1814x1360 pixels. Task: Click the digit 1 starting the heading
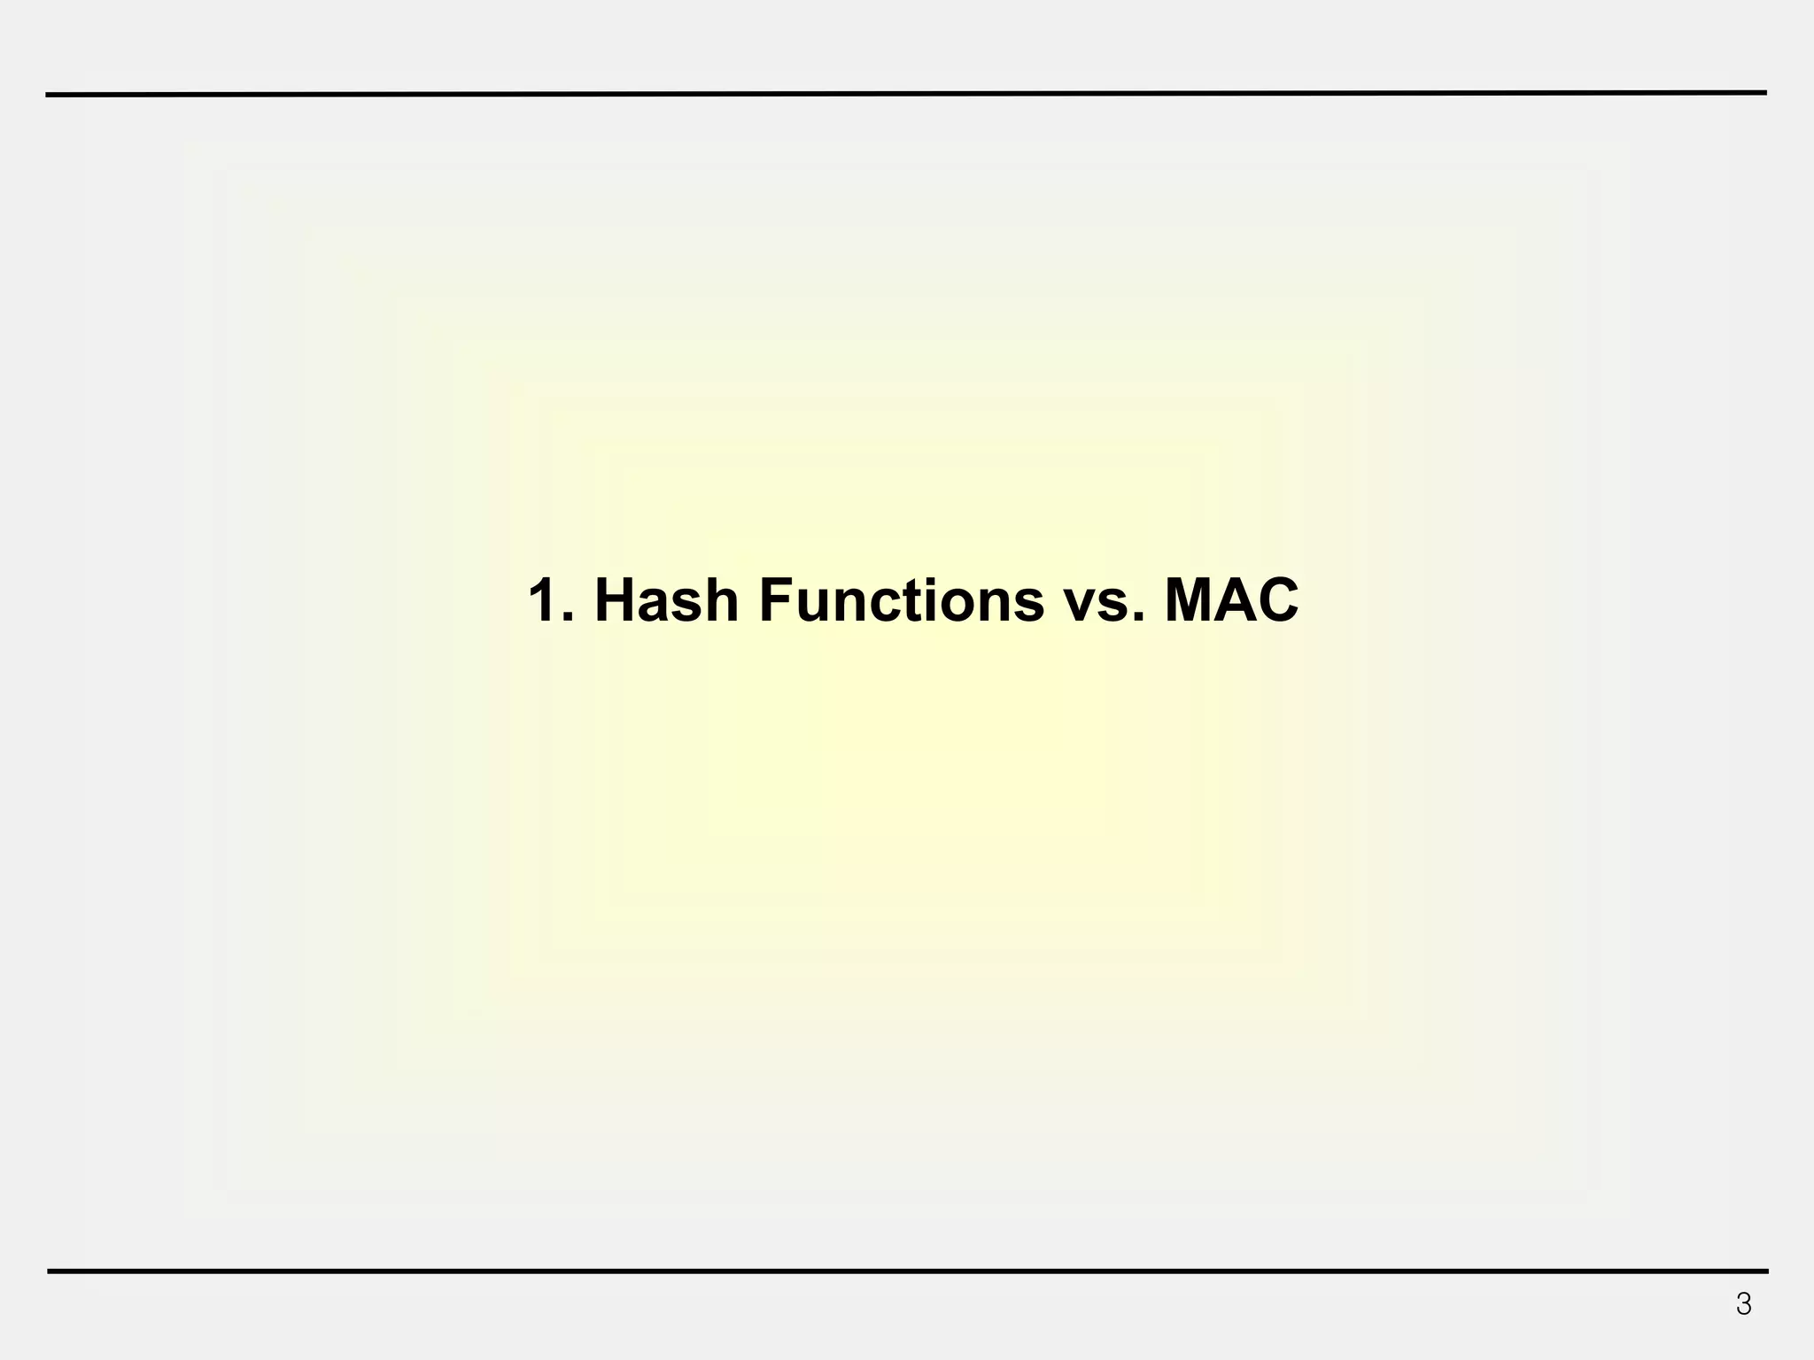[543, 599]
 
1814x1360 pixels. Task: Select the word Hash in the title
[666, 599]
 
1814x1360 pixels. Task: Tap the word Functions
[901, 599]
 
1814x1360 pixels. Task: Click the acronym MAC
[1231, 599]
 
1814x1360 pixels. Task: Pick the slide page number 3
[1743, 1304]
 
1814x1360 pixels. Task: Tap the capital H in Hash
[616, 599]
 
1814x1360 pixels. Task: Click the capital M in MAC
[1189, 599]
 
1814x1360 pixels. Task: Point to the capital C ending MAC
[1276, 599]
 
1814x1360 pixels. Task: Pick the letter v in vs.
[1080, 607]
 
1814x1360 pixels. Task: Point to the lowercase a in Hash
[656, 606]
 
